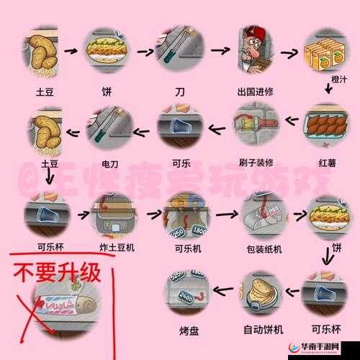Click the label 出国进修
point(256,92)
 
